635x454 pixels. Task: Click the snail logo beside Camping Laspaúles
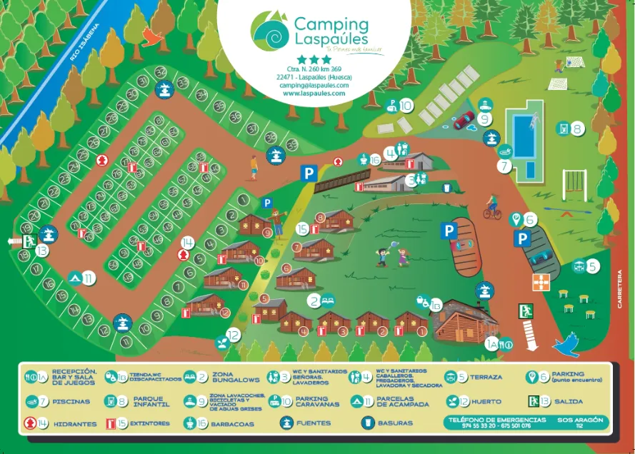tap(270, 29)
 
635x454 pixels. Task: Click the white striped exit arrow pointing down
tap(530, 333)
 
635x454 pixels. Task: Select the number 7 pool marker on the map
tap(505, 166)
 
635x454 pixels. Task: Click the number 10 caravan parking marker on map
tap(406, 106)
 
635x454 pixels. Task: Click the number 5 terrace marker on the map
tap(593, 266)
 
